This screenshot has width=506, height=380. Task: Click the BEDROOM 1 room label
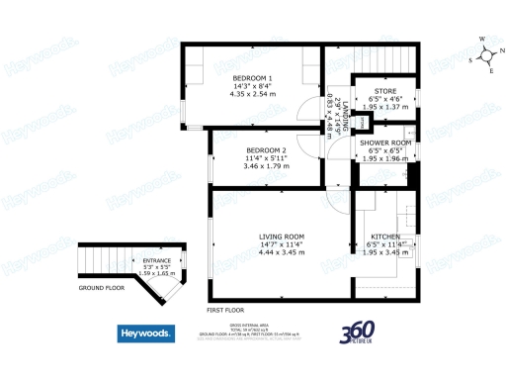click(252, 79)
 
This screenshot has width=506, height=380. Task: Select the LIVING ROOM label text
click(281, 237)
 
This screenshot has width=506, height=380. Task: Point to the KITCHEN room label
click(384, 237)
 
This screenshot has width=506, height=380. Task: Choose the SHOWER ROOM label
click(384, 142)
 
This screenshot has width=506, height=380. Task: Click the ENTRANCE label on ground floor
click(156, 260)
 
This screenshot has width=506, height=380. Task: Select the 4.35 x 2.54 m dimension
click(253, 95)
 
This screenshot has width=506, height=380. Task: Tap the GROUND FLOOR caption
click(102, 288)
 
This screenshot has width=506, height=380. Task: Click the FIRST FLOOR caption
click(226, 310)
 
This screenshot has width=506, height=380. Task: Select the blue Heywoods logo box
click(148, 333)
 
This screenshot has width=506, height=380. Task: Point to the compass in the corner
click(483, 54)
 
